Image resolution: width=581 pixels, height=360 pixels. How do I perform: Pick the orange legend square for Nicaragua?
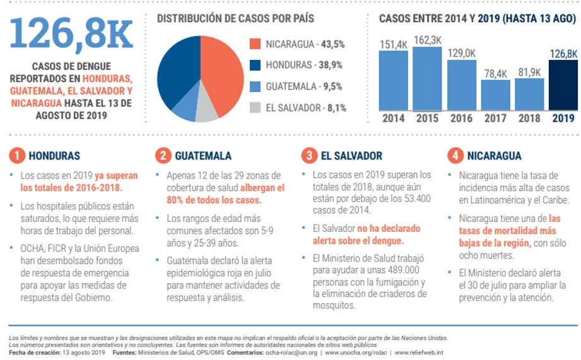(x=255, y=44)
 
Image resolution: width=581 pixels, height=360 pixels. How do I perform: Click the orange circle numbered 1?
(x=18, y=155)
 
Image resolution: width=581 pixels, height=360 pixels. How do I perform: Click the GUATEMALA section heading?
(x=203, y=156)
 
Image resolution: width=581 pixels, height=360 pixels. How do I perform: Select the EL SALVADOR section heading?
(x=351, y=156)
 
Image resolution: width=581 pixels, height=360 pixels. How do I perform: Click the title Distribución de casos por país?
(x=235, y=18)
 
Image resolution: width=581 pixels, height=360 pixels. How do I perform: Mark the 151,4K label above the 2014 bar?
(x=394, y=44)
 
